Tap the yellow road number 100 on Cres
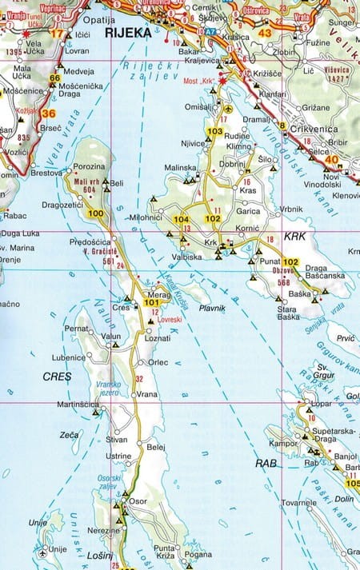pyautogui.click(x=96, y=213)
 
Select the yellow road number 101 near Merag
pyautogui.click(x=152, y=303)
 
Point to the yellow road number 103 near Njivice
pyautogui.click(x=214, y=131)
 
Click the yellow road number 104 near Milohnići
pyautogui.click(x=181, y=219)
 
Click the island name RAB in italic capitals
pyautogui.click(x=266, y=463)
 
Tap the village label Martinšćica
pyautogui.click(x=77, y=405)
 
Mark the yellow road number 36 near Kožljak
pyautogui.click(x=48, y=113)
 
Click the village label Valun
pyautogui.click(x=112, y=337)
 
